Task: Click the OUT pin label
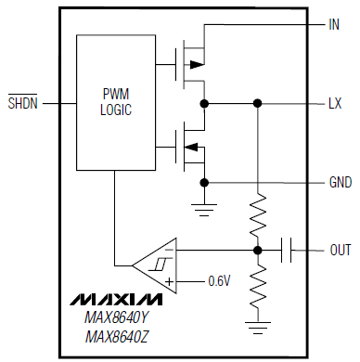[x=340, y=250]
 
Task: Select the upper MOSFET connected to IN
[x=190, y=64]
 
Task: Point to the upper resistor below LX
[x=257, y=213]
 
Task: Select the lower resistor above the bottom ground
[x=257, y=287]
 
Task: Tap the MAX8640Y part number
[x=115, y=320]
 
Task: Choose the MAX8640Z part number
[x=115, y=339]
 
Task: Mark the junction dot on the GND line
[x=203, y=181]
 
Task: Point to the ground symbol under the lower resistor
[x=257, y=325]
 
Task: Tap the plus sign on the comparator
[x=170, y=279]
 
